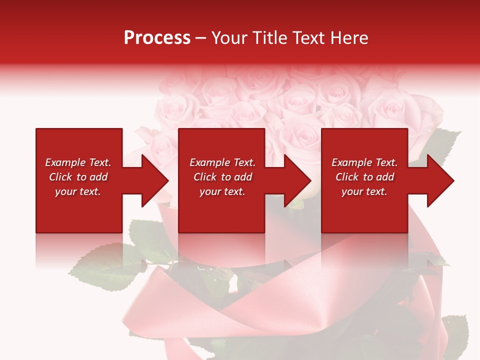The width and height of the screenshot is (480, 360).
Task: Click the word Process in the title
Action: [157, 38]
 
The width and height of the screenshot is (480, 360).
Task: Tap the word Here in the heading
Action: [348, 38]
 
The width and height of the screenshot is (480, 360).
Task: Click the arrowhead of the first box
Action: [155, 180]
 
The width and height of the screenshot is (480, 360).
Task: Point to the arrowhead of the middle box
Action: [297, 180]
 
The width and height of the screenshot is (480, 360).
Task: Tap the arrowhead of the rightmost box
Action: [440, 180]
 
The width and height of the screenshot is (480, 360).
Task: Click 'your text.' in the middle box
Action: [222, 191]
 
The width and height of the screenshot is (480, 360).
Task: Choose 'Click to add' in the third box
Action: [364, 177]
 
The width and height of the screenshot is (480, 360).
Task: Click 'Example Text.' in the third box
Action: [364, 162]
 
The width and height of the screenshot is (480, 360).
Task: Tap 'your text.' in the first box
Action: [78, 191]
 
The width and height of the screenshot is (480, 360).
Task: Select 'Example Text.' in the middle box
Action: [222, 162]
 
